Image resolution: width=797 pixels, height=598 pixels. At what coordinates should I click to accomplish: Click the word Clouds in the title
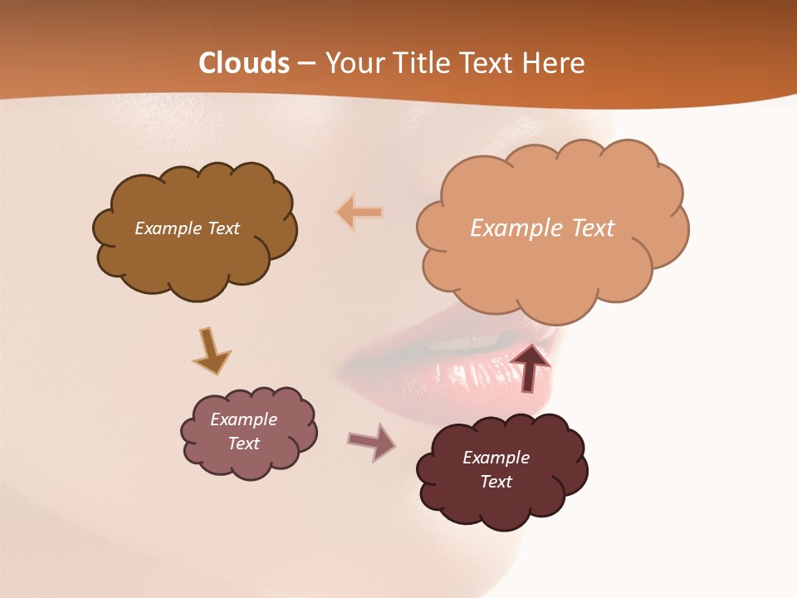click(244, 63)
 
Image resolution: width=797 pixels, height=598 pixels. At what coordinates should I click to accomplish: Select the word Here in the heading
click(556, 63)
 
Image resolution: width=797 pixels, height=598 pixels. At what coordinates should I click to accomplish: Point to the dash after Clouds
click(307, 64)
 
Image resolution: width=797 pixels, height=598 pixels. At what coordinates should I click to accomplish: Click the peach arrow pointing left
click(359, 213)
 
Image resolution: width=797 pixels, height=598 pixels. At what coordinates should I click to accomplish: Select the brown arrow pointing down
click(211, 351)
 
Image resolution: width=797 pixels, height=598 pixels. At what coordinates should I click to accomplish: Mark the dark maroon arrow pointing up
click(530, 367)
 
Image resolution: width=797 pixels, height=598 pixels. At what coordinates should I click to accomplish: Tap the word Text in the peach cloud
click(593, 228)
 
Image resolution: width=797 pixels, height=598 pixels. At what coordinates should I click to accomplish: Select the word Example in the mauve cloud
click(243, 419)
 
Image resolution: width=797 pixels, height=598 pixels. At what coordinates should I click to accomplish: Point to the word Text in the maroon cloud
click(496, 482)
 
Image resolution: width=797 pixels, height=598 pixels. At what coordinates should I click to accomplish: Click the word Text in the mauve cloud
click(243, 444)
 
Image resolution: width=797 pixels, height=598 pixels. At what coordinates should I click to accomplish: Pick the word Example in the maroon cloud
click(496, 458)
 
